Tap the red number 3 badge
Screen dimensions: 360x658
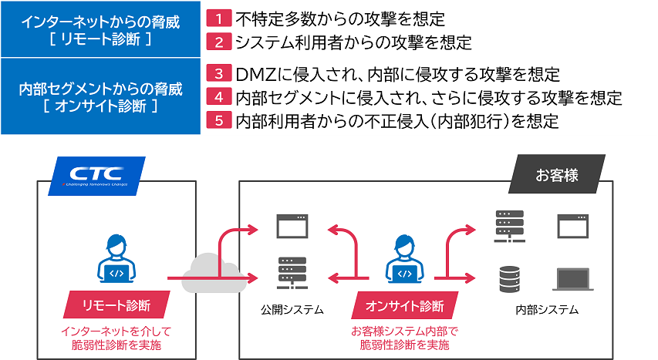point(219,75)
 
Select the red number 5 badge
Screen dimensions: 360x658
point(219,121)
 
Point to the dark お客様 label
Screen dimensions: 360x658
point(556,174)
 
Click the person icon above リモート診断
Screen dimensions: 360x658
point(116,258)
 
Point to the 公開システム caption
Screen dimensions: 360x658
point(292,310)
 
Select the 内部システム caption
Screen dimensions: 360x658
point(547,310)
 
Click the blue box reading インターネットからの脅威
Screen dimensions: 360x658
point(101,29)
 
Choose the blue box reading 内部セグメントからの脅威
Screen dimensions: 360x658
point(101,96)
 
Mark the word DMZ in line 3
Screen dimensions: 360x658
point(253,75)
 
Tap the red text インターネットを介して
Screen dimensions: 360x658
point(116,331)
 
